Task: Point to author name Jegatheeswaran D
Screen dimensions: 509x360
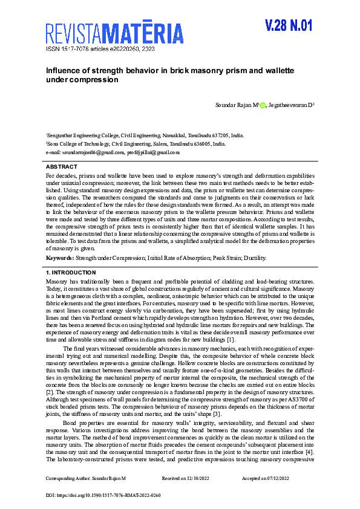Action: pos(290,106)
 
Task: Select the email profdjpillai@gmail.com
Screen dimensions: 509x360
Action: pos(153,153)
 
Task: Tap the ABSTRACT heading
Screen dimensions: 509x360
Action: pos(62,166)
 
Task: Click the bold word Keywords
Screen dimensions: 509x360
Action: pos(60,258)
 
